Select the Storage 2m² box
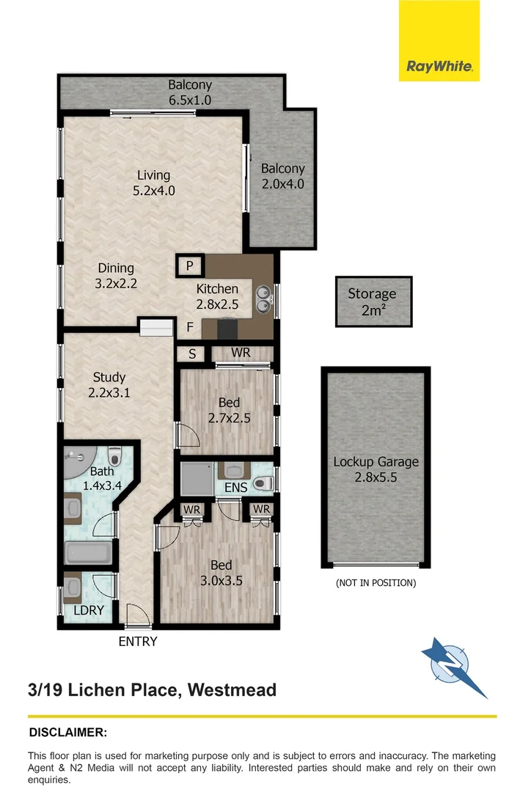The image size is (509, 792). click(x=373, y=301)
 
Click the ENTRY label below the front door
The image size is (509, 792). click(x=138, y=642)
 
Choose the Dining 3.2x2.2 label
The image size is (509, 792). click(x=116, y=276)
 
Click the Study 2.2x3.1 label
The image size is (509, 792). click(x=109, y=385)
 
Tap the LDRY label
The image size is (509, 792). click(x=88, y=610)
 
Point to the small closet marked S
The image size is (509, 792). click(x=192, y=353)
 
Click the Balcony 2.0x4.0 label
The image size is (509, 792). click(x=282, y=176)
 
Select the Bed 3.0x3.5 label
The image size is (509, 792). click(x=221, y=572)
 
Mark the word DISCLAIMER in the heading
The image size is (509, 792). click(x=67, y=732)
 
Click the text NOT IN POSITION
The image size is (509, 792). click(x=376, y=583)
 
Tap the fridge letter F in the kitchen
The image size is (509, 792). click(x=189, y=326)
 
